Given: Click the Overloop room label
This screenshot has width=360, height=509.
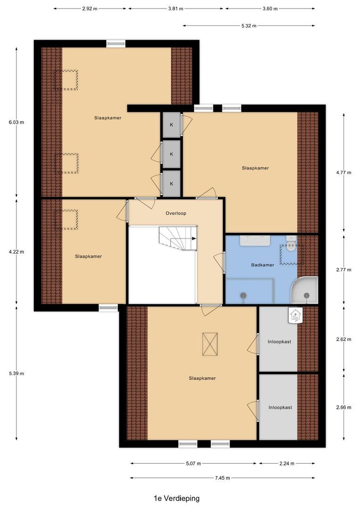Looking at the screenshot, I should pos(176,213).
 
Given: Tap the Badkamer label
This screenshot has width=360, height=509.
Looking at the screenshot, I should pos(262,265).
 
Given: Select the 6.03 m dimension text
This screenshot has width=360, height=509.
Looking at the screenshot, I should pos(16,122).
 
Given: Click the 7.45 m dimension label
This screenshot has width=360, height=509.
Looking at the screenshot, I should pos(222,478).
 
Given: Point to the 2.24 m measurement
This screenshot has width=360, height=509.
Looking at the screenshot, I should pos(286,464).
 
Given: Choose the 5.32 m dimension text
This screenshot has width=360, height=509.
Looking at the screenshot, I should pos(248,26).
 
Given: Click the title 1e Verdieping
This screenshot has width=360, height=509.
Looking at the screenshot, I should pos(177,498).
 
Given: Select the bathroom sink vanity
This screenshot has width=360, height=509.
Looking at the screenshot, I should pos(254,241).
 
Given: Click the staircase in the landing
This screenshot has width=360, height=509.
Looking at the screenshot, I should pos(178,238).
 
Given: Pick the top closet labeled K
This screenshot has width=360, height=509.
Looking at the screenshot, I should pos(172,124).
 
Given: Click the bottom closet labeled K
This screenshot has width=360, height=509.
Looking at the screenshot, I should pos(172,184).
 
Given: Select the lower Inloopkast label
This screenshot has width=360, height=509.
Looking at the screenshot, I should pos(280,408).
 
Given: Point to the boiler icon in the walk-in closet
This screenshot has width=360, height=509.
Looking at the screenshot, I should pos(295,315).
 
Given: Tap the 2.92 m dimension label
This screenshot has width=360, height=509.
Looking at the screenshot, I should pos(90,9).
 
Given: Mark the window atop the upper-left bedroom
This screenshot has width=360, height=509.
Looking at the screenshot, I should pos(115,44).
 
